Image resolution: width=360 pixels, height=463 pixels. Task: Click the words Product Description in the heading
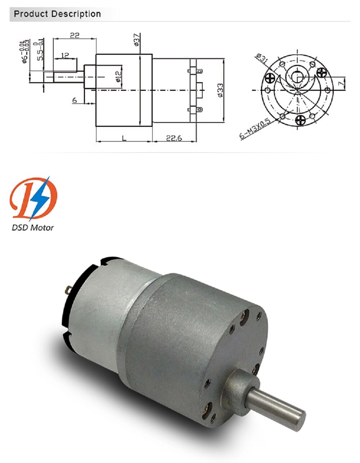(57, 14)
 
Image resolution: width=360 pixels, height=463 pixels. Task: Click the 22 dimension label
(75, 35)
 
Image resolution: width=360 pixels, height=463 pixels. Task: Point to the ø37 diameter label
(136, 40)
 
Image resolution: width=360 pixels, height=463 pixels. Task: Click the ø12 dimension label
(118, 76)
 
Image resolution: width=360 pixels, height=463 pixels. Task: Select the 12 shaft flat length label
(65, 55)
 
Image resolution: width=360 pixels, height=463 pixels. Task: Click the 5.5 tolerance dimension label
(40, 50)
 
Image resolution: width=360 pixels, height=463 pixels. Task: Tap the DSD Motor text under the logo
(33, 227)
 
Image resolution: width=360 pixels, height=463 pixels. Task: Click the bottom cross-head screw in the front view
(300, 120)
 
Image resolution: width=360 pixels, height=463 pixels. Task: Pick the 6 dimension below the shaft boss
(75, 101)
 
